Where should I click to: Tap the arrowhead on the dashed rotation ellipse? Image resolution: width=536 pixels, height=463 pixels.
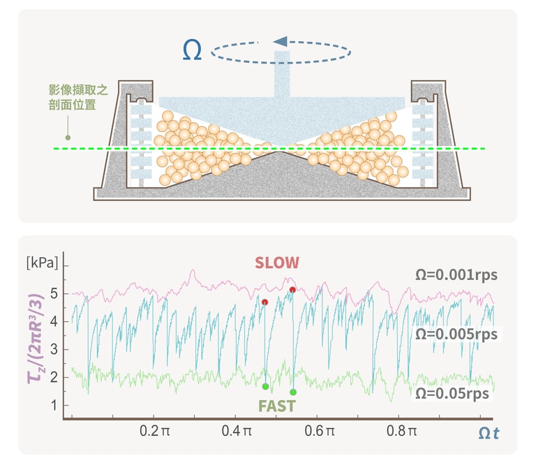[280, 42]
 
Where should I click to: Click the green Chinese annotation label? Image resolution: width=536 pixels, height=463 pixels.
[72, 98]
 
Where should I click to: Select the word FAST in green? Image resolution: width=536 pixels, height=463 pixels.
[276, 406]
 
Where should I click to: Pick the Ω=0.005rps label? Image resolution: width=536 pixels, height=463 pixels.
[456, 334]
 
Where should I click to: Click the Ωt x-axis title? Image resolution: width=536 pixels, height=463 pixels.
[488, 434]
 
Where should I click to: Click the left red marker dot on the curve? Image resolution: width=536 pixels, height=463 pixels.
[265, 302]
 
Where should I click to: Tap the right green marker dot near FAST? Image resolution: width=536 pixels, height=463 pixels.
[293, 392]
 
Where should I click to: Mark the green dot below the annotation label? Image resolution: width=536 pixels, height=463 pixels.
[68, 138]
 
